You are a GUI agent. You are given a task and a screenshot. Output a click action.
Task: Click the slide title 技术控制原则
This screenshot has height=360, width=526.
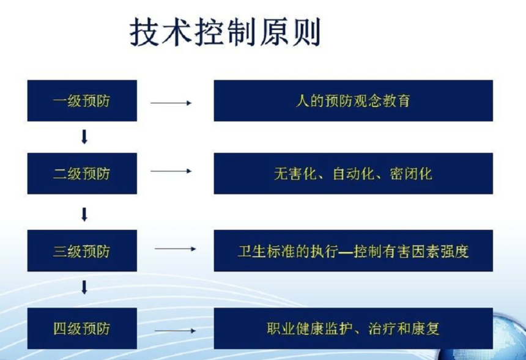[x=225, y=32]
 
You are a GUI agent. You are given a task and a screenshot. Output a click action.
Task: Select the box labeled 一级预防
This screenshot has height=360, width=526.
[x=82, y=101]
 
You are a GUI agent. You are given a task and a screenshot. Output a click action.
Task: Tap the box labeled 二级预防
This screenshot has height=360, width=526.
[x=82, y=174]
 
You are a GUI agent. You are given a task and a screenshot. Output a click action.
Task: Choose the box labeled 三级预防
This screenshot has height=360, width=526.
[x=82, y=251]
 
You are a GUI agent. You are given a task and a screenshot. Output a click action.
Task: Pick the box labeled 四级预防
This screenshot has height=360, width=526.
[x=82, y=328]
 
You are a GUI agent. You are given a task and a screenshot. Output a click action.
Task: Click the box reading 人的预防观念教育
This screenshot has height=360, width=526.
[x=354, y=101]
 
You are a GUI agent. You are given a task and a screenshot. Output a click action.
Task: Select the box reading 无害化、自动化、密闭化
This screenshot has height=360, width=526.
[x=354, y=174]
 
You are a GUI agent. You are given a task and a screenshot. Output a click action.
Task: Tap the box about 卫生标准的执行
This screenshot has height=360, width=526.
[x=354, y=251]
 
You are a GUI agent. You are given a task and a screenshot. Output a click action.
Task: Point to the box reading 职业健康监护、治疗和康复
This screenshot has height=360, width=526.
[x=354, y=328]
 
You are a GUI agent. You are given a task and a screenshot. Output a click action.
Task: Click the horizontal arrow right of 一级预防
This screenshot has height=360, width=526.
[x=171, y=103]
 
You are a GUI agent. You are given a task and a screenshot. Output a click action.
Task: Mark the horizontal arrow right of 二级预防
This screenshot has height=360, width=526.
[x=171, y=171]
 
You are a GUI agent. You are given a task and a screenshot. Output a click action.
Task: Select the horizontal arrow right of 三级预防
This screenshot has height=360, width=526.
[x=175, y=249]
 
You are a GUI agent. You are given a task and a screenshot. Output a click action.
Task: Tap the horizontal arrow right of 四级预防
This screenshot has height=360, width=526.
[x=175, y=331]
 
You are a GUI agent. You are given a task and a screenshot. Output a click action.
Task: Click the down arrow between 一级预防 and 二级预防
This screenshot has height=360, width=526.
[x=84, y=137]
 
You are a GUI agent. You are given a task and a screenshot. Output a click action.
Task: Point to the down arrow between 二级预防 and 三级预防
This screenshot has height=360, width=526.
[x=84, y=215]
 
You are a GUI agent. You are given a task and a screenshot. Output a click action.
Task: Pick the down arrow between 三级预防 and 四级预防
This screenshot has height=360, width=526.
[x=84, y=288]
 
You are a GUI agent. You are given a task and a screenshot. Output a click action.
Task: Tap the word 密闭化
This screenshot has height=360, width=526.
[x=411, y=174]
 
